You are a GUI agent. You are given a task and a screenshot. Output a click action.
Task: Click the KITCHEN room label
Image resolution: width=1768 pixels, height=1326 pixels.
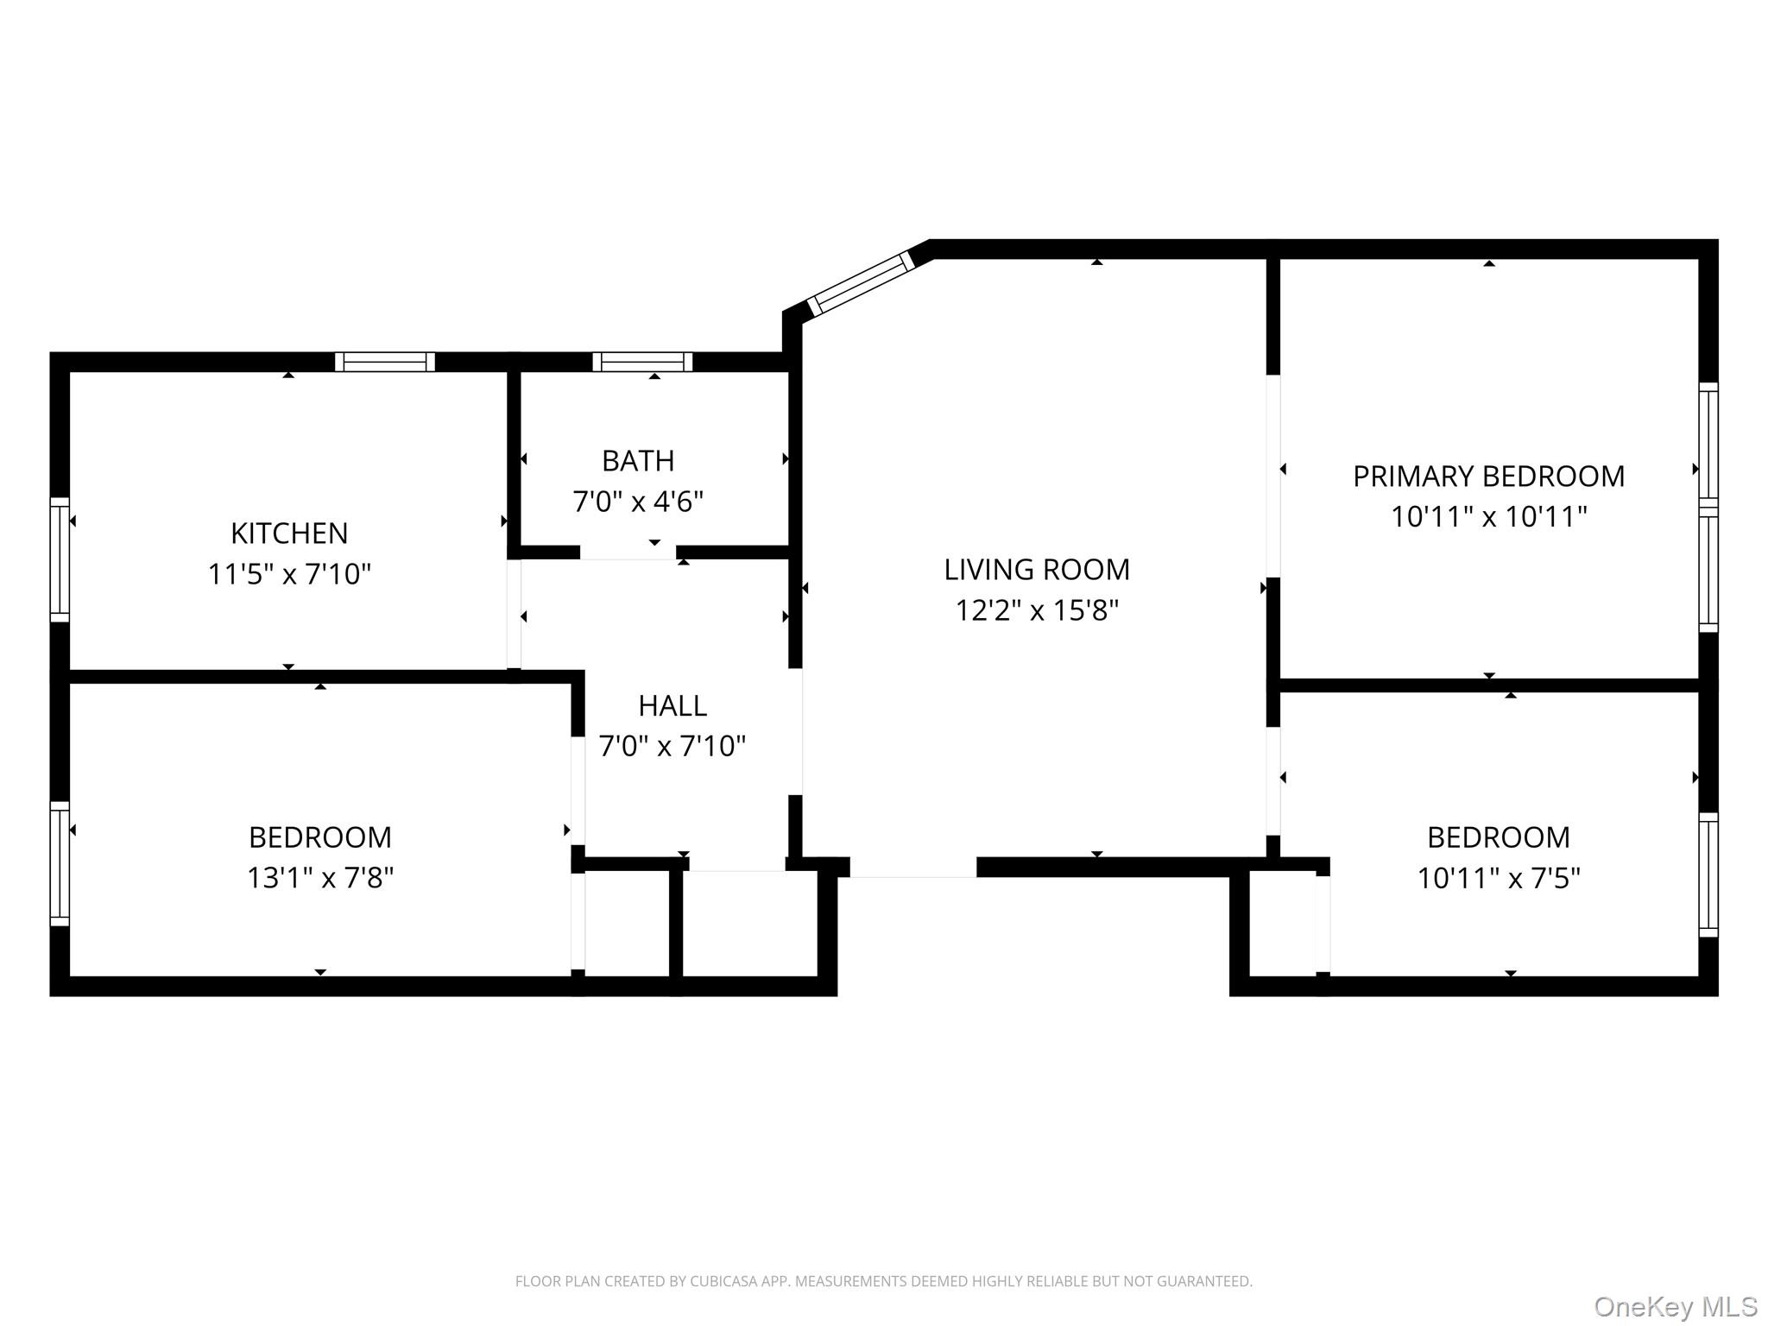pos(289,534)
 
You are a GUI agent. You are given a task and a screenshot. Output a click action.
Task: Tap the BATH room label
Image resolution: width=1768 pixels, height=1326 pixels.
pos(638,461)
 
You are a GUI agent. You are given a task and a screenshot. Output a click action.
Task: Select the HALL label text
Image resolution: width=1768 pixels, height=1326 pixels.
pos(672,706)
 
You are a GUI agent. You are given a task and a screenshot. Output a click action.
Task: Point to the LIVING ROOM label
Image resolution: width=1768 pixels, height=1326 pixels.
pos(1037,570)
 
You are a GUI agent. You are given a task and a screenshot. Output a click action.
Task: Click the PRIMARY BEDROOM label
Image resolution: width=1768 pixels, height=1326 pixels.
pos(1488,477)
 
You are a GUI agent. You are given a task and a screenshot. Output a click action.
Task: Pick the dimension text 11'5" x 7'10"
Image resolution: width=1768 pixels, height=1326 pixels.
pos(289,574)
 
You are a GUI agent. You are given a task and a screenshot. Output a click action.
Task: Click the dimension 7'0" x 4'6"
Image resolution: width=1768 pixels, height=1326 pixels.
pos(638,502)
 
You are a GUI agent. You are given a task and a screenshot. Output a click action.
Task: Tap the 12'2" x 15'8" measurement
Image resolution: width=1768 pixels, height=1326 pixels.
pos(1037,610)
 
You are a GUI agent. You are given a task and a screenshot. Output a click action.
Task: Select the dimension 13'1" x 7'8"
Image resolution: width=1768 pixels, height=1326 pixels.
pos(320,878)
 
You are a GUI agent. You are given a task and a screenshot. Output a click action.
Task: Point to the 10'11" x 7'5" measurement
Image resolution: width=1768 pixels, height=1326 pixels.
pos(1499,878)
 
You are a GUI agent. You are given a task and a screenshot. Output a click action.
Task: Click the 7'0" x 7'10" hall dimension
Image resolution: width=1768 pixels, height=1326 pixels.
pos(672,746)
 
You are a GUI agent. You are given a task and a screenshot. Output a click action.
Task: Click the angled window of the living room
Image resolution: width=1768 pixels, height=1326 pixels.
pos(861,282)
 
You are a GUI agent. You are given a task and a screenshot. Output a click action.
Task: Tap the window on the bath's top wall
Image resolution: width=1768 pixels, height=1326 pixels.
pos(642,362)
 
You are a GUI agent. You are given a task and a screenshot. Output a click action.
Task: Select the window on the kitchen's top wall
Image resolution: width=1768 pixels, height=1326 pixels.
pos(385,362)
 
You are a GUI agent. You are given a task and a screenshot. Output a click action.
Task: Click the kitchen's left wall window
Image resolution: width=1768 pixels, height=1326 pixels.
pos(60,559)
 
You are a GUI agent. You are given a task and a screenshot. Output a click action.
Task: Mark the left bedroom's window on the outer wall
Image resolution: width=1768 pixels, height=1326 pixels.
pos(60,863)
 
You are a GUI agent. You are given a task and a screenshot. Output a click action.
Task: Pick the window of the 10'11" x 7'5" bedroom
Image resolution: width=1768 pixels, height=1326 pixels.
pos(1708,875)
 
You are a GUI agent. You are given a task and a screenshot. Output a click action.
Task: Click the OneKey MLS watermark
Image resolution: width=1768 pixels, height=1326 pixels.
pos(1676,1307)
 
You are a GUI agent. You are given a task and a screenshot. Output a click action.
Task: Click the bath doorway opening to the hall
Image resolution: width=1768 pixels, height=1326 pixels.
pos(628,552)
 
